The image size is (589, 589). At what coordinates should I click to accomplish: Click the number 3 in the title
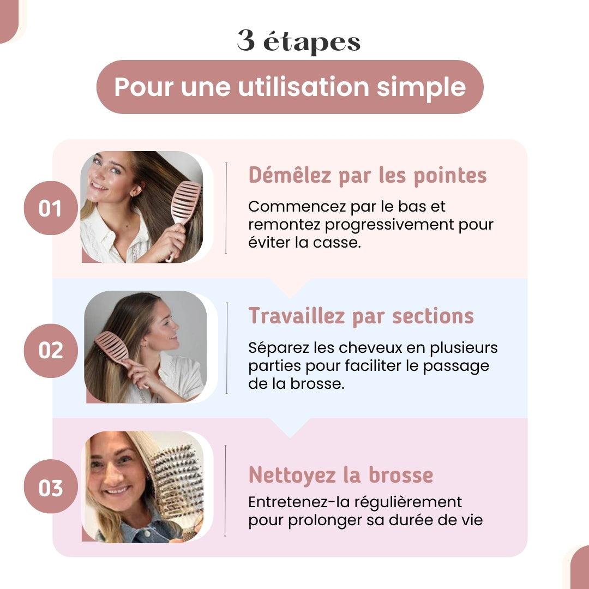click(246, 41)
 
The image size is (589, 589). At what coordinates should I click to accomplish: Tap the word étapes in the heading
click(312, 42)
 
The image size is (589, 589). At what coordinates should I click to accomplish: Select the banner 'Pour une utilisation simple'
click(290, 87)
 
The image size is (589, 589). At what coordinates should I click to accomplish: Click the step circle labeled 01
click(50, 208)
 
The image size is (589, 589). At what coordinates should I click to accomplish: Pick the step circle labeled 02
click(50, 350)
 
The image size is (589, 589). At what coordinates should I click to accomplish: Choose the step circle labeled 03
click(50, 487)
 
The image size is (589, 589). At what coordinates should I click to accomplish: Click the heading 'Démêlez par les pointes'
click(368, 175)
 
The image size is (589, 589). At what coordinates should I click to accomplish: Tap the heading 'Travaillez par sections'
click(361, 316)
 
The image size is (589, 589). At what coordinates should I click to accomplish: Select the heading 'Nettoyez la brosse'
click(341, 475)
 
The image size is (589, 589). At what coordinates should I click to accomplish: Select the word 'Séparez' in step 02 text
click(274, 347)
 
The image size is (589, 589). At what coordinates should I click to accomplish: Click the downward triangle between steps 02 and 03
click(290, 428)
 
